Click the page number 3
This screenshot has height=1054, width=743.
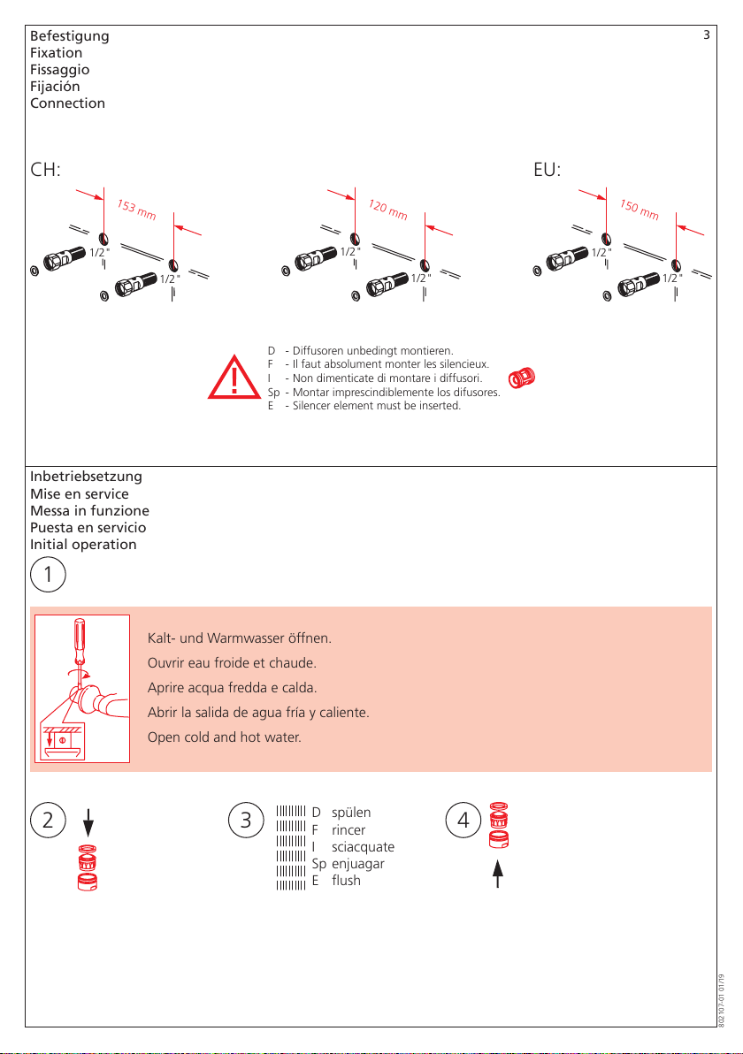pyautogui.click(x=706, y=35)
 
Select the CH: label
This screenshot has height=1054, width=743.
pyautogui.click(x=45, y=170)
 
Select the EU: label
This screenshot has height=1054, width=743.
pyautogui.click(x=549, y=170)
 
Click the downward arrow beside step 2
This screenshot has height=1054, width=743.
pyautogui.click(x=88, y=824)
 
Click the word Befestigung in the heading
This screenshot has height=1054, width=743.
pyautogui.click(x=70, y=36)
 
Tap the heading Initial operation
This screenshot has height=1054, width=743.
pyautogui.click(x=83, y=545)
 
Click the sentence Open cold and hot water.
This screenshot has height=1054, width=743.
pyautogui.click(x=225, y=737)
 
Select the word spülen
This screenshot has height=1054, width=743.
pyautogui.click(x=351, y=813)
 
